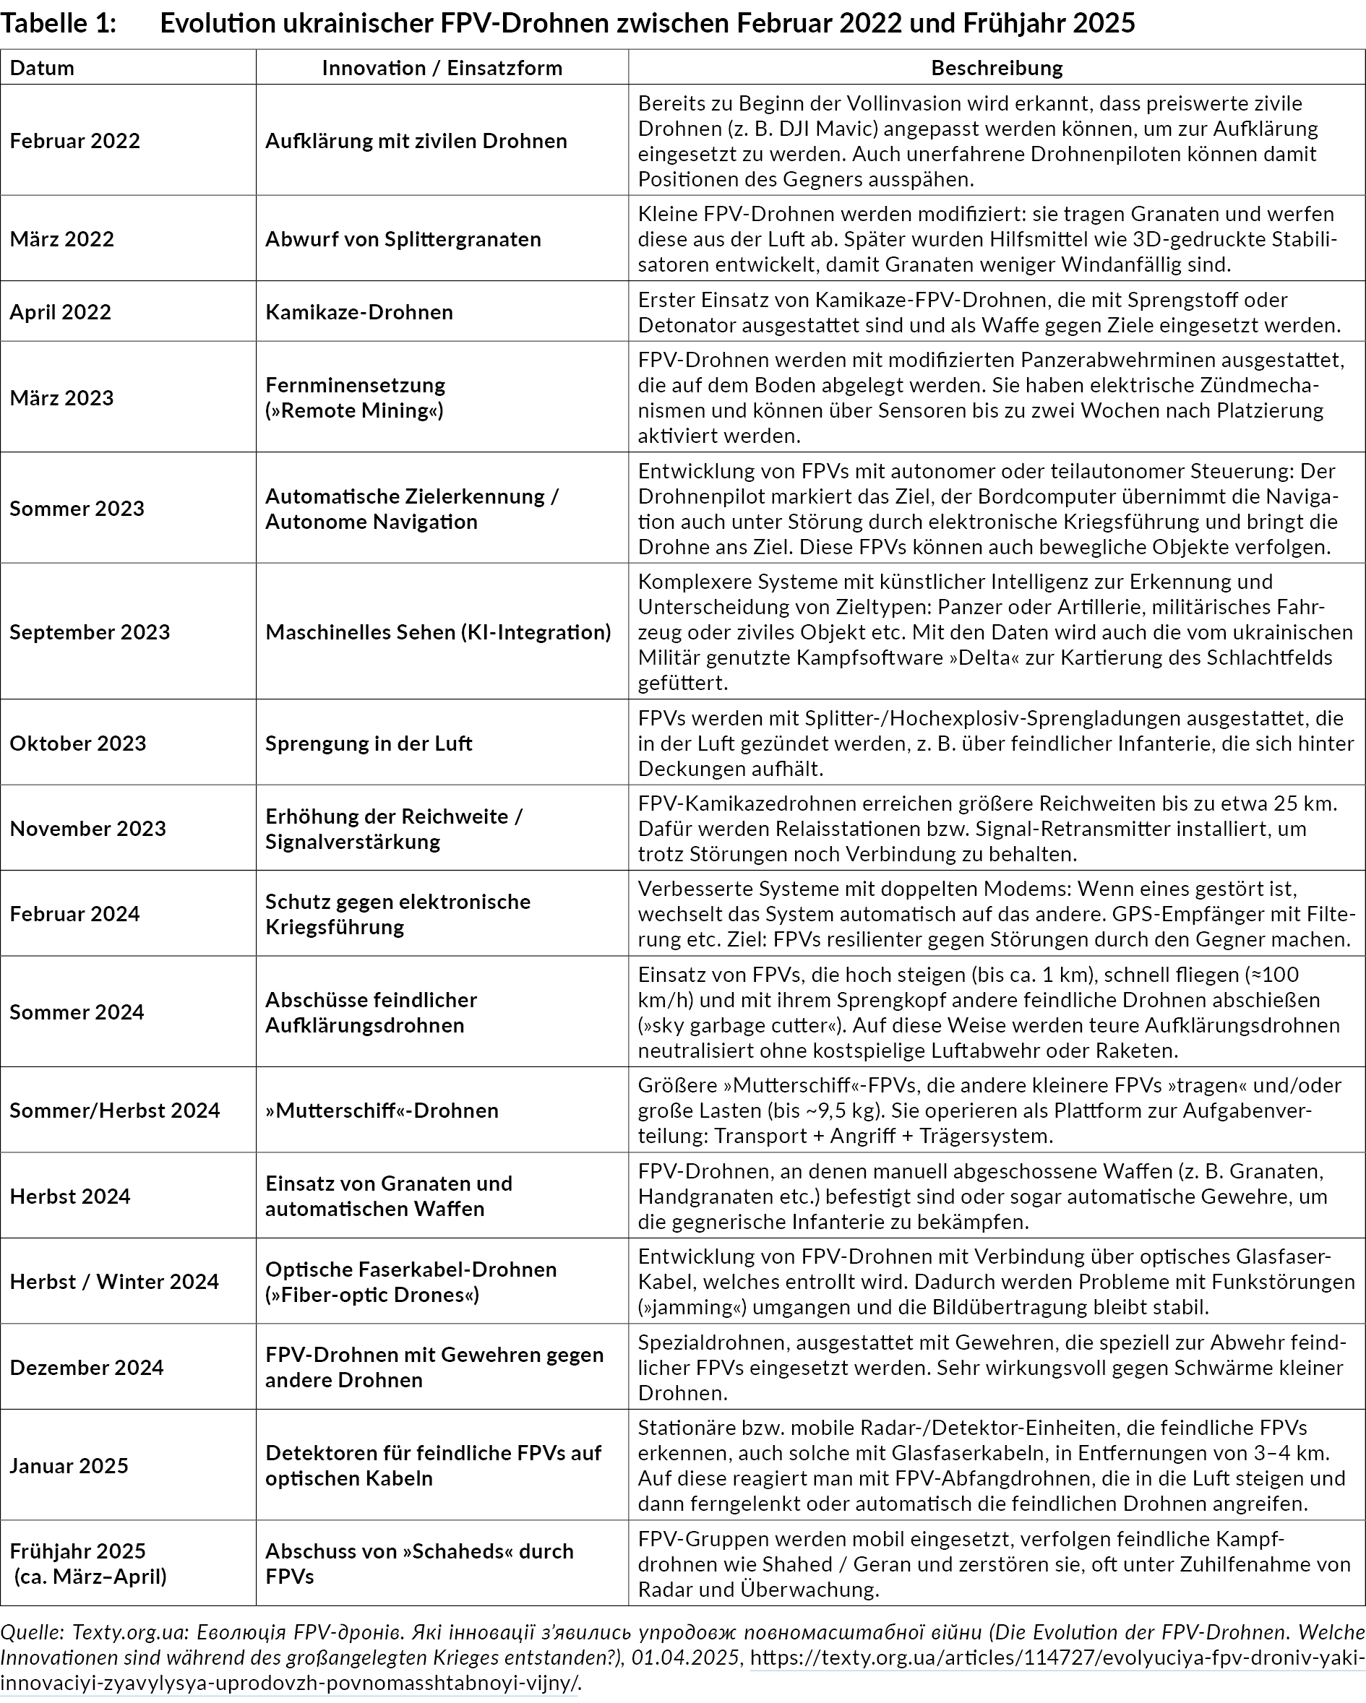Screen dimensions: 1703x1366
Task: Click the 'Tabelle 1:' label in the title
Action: [59, 24]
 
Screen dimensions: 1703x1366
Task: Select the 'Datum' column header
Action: [42, 68]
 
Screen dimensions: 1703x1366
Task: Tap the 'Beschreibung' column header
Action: [996, 68]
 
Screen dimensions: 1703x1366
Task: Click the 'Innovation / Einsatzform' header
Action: [442, 68]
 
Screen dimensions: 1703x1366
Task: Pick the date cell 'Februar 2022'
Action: [75, 141]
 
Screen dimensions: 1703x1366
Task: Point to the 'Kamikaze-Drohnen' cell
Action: [358, 312]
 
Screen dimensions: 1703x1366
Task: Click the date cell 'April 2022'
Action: [61, 312]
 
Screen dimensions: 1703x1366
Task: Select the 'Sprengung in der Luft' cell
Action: [368, 743]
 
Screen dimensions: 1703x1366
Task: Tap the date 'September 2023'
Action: [90, 632]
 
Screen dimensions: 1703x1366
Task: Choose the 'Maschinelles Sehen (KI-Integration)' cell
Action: [438, 632]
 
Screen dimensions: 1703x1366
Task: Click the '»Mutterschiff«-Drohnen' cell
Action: [382, 1110]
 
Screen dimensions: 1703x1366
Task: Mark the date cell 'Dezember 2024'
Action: [87, 1367]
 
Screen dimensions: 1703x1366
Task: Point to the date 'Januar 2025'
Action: [69, 1465]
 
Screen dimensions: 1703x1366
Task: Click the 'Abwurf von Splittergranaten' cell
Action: [403, 239]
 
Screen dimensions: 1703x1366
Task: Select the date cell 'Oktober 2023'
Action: [78, 743]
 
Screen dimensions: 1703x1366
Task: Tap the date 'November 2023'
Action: [87, 829]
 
